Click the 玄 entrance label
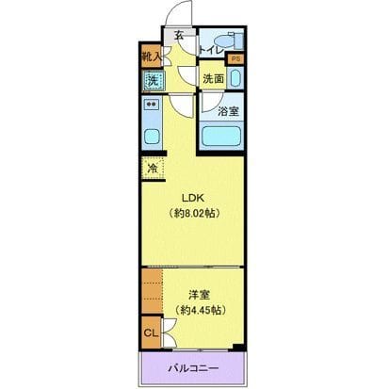coord(180,37)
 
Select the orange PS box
coord(235,58)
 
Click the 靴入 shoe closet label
coord(151,57)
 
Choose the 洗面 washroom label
coord(214,79)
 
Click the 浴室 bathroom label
coord(227,110)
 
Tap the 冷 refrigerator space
coord(151,170)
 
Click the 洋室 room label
coord(197,294)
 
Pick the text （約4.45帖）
coord(197,310)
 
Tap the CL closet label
coord(150,332)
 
